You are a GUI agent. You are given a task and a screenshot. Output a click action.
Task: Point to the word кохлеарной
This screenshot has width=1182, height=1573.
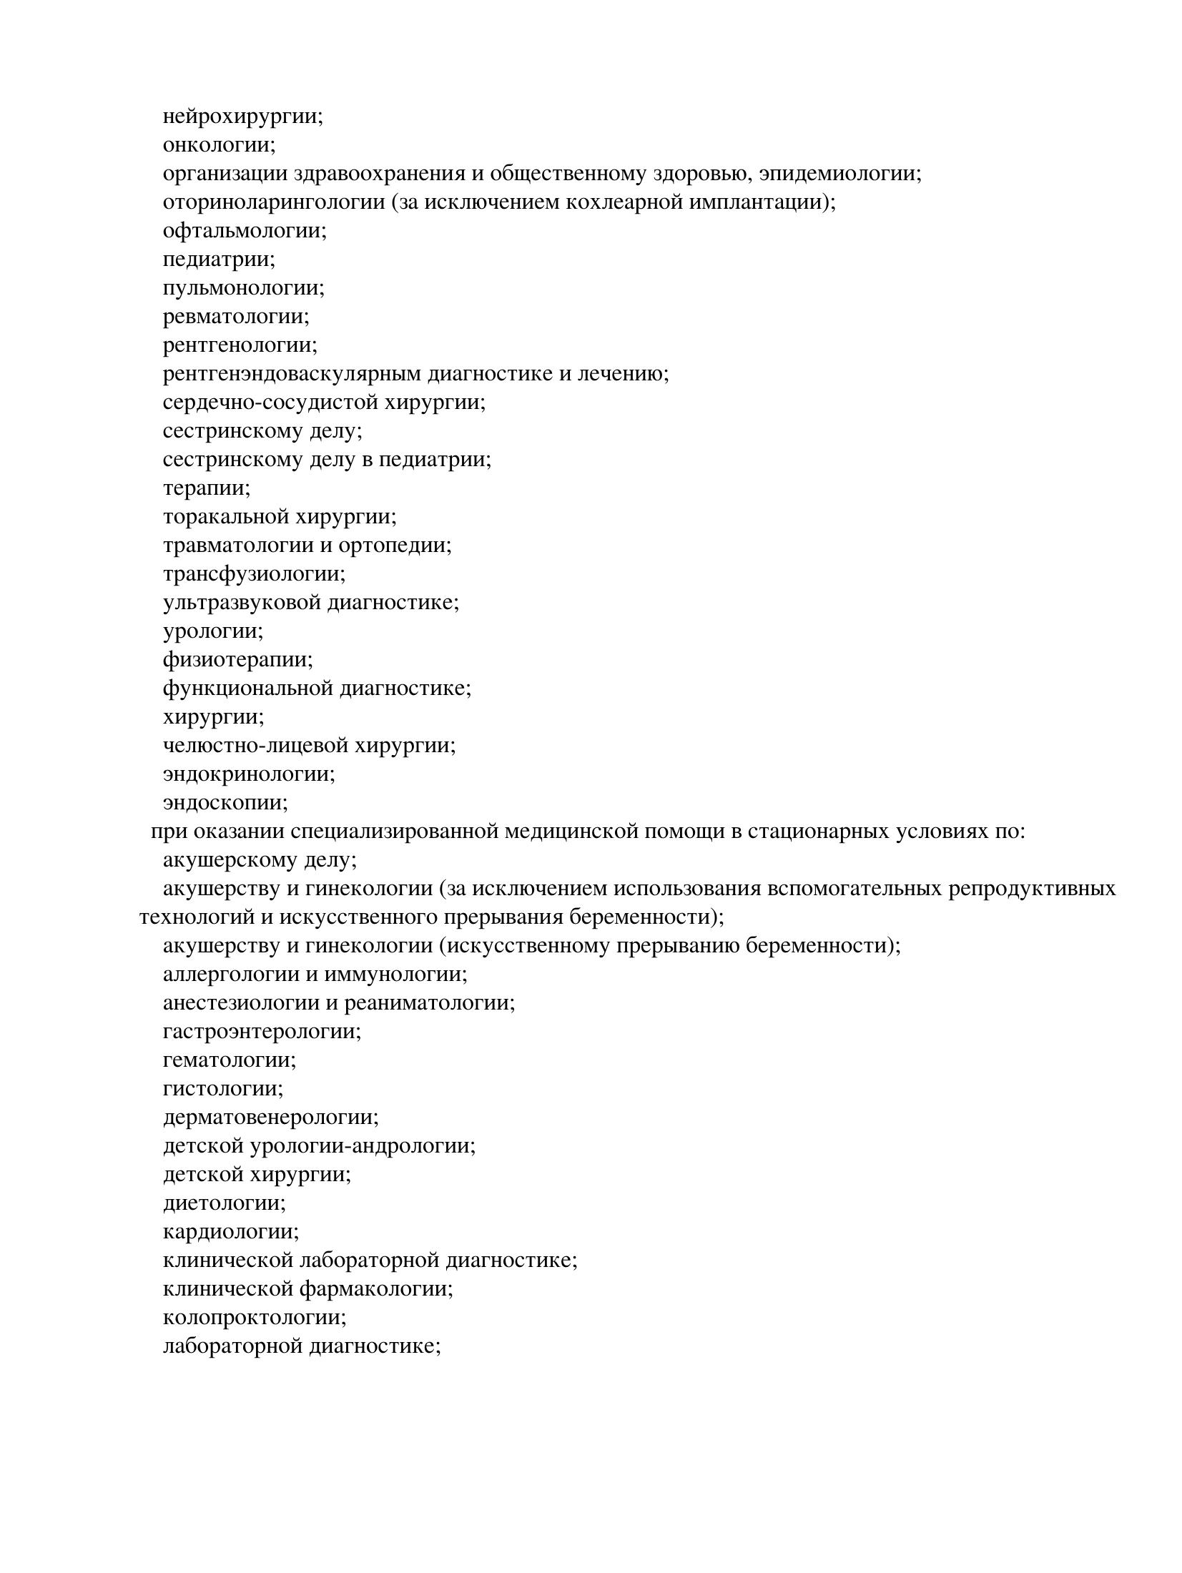[x=624, y=202]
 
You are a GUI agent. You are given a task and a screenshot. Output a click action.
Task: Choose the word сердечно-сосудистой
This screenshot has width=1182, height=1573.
[x=270, y=403]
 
